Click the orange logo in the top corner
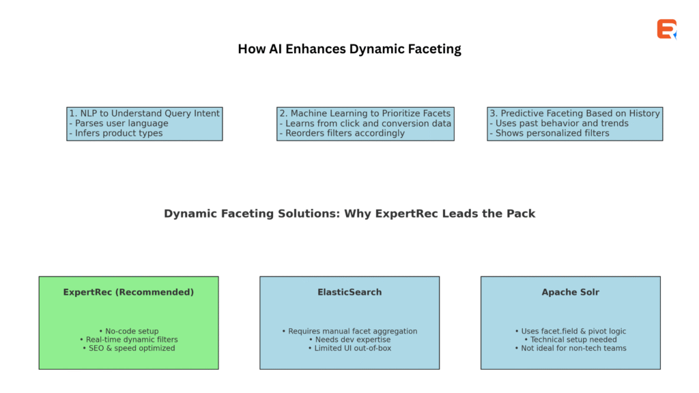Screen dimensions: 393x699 666,29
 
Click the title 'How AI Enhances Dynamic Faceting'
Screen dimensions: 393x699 349,49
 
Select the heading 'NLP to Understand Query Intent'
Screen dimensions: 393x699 145,113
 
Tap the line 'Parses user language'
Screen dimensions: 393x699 119,123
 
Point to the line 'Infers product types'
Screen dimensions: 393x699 116,133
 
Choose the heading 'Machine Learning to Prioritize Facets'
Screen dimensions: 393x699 365,113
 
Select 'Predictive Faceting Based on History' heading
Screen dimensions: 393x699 575,113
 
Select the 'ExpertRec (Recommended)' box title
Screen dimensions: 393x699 128,292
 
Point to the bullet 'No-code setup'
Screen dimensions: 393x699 128,332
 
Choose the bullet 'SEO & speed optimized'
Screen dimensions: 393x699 128,348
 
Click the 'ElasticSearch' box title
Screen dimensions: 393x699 349,292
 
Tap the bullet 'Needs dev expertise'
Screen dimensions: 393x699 349,340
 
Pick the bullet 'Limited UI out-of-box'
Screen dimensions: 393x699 349,348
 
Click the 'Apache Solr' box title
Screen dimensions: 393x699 570,292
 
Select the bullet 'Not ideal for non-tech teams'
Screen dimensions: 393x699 570,348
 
